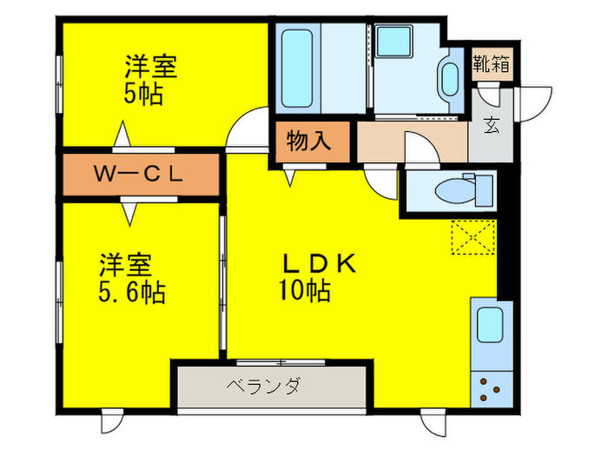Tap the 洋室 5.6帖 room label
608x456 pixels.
tap(131, 276)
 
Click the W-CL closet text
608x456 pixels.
tap(139, 175)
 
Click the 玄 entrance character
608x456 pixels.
tap(491, 126)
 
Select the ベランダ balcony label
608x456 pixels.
tap(264, 386)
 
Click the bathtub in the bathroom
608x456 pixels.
tap(299, 67)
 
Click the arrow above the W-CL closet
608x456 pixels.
tap(122, 137)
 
